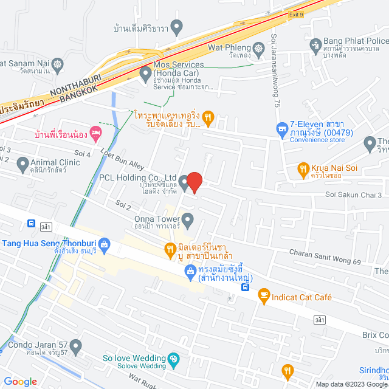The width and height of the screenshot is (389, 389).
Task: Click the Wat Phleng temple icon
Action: (x=259, y=47)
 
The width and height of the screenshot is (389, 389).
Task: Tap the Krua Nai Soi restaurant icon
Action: (x=303, y=167)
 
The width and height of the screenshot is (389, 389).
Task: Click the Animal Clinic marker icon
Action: (x=23, y=163)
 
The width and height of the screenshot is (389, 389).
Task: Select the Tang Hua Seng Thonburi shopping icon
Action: (x=104, y=244)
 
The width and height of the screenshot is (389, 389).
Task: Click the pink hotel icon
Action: (x=95, y=132)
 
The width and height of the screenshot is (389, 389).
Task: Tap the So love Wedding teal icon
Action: (x=173, y=359)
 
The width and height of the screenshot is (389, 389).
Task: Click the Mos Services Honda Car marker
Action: (x=145, y=74)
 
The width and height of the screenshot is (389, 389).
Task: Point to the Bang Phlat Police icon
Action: (x=315, y=44)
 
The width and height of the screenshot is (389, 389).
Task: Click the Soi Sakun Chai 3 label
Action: (x=353, y=195)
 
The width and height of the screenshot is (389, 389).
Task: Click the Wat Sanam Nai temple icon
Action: (x=57, y=63)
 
